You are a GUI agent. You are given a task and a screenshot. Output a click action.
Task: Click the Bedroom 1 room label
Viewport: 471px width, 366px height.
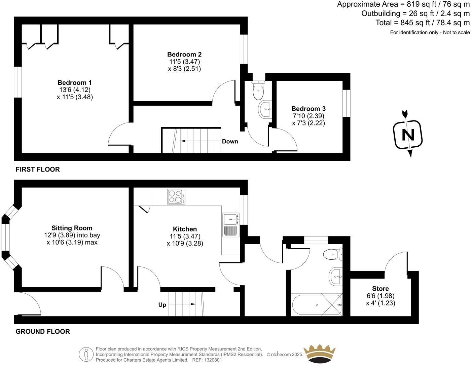pyautogui.click(x=74, y=83)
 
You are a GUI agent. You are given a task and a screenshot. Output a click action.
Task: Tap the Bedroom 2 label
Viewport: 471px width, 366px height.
pyautogui.click(x=184, y=54)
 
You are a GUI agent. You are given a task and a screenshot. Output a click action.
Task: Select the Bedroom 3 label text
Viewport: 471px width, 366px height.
pyautogui.click(x=308, y=109)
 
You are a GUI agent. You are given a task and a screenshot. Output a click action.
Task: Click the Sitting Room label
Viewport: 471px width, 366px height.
pyautogui.click(x=72, y=228)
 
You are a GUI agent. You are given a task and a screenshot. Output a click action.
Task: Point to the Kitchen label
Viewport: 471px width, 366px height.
pyautogui.click(x=185, y=229)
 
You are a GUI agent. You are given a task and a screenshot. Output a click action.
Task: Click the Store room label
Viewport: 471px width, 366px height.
pyautogui.click(x=380, y=289)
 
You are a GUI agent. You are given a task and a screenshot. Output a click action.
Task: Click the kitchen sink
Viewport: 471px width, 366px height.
pyautogui.click(x=231, y=219)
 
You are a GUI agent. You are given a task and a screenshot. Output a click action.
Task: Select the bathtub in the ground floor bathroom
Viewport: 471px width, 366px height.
pyautogui.click(x=317, y=305)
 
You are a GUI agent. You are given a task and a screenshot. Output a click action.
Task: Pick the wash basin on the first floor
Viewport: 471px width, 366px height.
pyautogui.click(x=265, y=110)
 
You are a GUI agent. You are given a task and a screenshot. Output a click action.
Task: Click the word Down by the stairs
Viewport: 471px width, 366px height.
pyautogui.click(x=230, y=142)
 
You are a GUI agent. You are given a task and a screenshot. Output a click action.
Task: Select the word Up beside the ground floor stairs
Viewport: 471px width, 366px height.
pyautogui.click(x=162, y=305)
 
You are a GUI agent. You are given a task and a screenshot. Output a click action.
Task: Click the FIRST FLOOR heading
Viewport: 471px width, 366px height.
pyautogui.click(x=38, y=170)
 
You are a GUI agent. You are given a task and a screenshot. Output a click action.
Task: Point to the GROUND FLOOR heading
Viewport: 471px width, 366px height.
pyautogui.click(x=43, y=332)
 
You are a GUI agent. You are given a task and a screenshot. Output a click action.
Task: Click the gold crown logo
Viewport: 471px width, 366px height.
pyautogui.click(x=319, y=354)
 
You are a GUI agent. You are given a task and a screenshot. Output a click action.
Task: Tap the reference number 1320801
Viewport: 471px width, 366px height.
pyautogui.click(x=212, y=360)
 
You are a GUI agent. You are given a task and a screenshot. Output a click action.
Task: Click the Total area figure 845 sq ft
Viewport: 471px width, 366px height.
pyautogui.click(x=414, y=23)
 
